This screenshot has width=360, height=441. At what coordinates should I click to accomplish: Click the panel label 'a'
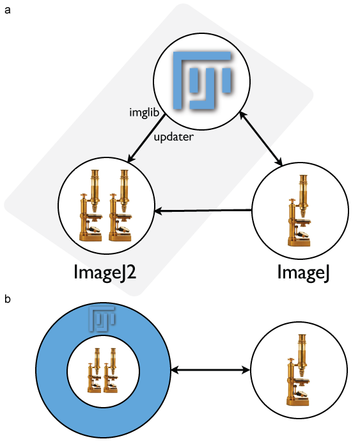[x=8, y=10]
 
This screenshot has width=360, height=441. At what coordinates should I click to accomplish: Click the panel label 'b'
[x=8, y=298]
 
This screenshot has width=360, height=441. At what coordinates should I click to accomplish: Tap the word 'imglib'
[x=144, y=113]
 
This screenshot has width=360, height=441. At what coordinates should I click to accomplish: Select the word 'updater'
[x=174, y=137]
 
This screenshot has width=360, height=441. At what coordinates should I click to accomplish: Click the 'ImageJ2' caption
[x=105, y=272]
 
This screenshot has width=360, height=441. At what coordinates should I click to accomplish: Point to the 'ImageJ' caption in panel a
[x=303, y=272]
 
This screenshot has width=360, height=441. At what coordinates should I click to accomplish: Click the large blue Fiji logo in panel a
[x=202, y=81]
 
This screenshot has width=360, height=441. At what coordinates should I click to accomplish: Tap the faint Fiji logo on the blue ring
[x=102, y=319]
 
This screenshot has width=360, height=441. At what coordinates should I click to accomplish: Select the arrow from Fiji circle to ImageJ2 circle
[x=146, y=139]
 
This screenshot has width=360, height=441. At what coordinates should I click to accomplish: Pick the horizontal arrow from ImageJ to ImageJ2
[x=203, y=211]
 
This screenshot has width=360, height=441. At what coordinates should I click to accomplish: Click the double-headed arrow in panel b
[x=210, y=370]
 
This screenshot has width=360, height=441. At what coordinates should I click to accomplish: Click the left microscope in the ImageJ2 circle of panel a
[x=91, y=205]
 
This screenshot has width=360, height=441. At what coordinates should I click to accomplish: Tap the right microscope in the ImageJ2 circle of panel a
[x=120, y=205]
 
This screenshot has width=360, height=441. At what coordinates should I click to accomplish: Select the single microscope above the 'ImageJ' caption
[x=300, y=211]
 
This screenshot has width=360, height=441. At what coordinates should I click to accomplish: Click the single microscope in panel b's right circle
[x=299, y=370]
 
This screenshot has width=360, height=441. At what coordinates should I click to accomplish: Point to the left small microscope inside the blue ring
[x=95, y=370]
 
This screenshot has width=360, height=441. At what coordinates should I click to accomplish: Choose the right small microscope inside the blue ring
[x=111, y=370]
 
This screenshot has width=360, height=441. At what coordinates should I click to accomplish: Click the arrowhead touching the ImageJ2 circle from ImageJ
[x=158, y=211]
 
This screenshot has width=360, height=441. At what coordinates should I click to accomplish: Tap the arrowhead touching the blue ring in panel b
[x=175, y=370]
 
